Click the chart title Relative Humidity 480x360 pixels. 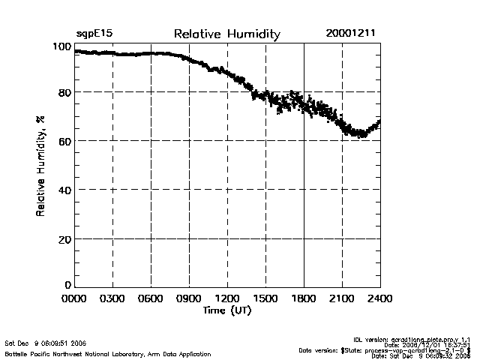(x=226, y=34)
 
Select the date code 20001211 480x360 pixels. (x=351, y=34)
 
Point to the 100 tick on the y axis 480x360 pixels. (x=61, y=47)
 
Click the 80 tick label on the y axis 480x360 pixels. (x=64, y=92)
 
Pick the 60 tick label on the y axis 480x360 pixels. (x=64, y=141)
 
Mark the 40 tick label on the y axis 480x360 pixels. (x=64, y=190)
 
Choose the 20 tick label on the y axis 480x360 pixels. (x=64, y=238)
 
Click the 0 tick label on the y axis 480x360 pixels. (x=67, y=285)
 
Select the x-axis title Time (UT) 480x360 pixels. (x=227, y=310)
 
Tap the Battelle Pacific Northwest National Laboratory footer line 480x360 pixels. (x=107, y=353)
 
